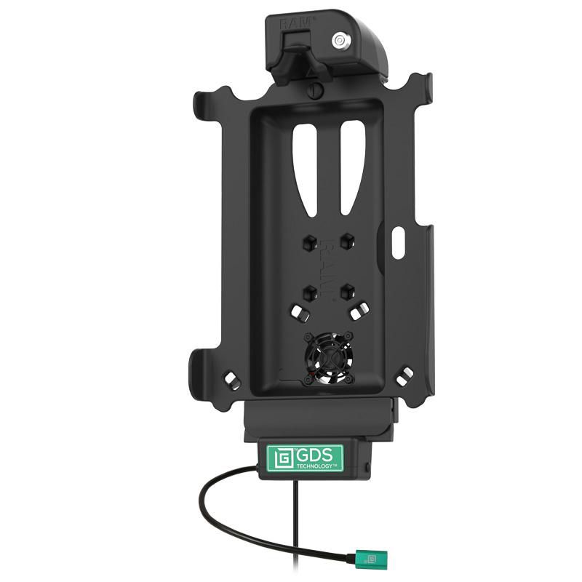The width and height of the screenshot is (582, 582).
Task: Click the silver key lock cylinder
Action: pyautogui.click(x=340, y=41)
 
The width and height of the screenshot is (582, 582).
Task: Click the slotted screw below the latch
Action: pyautogui.click(x=314, y=90)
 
